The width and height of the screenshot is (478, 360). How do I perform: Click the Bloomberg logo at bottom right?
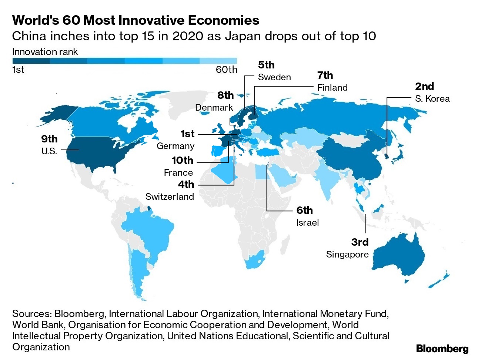(442, 349)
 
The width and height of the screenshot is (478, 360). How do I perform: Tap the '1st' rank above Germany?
(187, 134)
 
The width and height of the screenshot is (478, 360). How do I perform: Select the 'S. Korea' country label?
(432, 99)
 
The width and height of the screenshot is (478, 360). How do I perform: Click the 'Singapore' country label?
(347, 255)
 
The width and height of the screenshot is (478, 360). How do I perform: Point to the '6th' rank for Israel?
(304, 210)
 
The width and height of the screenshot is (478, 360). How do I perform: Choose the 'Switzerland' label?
(170, 196)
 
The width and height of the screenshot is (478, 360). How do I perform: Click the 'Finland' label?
(332, 88)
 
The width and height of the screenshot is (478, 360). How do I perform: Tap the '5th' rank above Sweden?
(266, 65)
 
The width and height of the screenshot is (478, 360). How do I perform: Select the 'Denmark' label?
(214, 108)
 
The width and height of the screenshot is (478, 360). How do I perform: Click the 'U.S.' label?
(49, 151)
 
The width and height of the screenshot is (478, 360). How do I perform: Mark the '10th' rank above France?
(183, 160)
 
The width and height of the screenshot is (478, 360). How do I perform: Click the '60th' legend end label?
(226, 70)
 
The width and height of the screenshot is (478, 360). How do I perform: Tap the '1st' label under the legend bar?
(18, 70)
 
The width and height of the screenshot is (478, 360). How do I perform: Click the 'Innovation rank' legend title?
(45, 52)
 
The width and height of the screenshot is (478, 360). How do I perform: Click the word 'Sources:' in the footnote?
(32, 314)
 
